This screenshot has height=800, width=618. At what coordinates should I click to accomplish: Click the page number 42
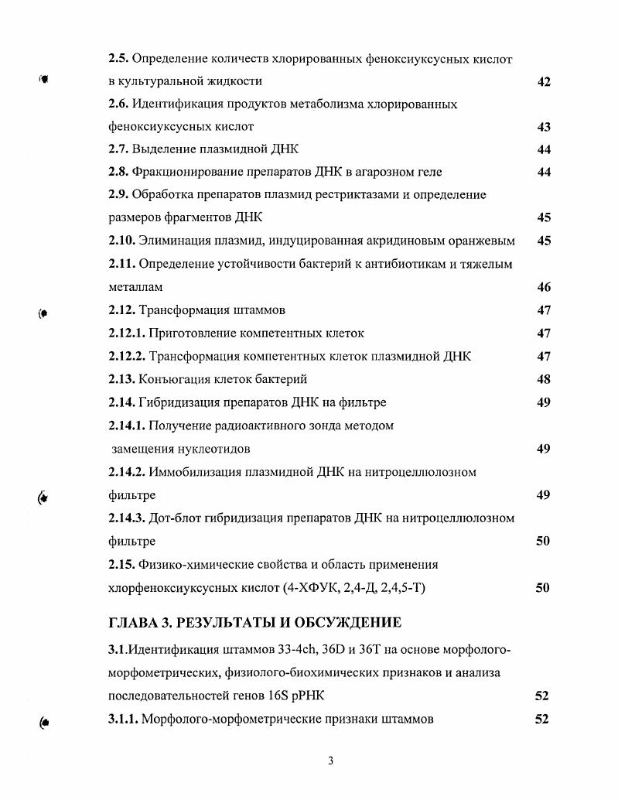click(x=543, y=81)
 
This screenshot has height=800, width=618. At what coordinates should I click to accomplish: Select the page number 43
click(x=543, y=127)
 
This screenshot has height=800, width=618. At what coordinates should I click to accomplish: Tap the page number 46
click(x=543, y=287)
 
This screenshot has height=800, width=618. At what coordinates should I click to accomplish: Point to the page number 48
click(x=543, y=379)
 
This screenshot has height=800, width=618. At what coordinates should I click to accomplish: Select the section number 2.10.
click(x=122, y=241)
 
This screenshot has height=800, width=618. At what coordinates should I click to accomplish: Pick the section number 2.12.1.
click(x=127, y=333)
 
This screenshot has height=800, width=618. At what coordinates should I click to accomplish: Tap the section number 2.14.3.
click(x=127, y=518)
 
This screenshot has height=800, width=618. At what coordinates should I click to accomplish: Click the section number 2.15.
click(x=122, y=564)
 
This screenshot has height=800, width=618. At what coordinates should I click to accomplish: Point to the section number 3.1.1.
click(x=123, y=719)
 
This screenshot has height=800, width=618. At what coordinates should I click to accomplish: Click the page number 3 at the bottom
click(x=330, y=760)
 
